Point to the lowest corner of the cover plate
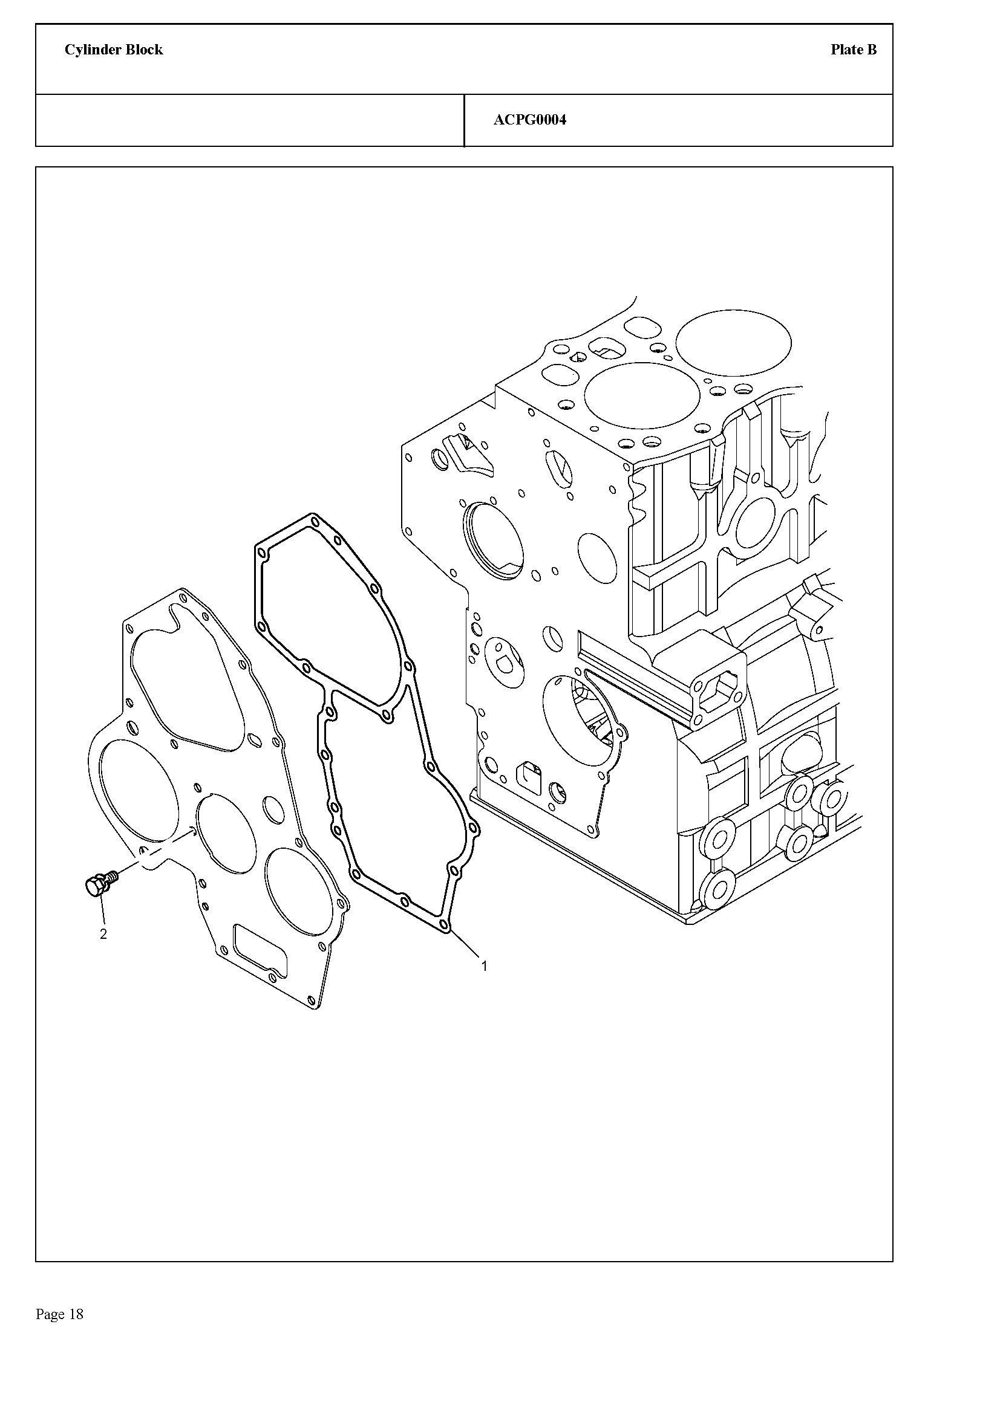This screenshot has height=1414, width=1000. tap(316, 1011)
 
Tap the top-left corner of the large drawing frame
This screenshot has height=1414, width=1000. tap(36, 167)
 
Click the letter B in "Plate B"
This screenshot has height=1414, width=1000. tap(871, 50)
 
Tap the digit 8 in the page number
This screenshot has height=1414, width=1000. tap(79, 1315)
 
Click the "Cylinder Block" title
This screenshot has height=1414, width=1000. tap(114, 50)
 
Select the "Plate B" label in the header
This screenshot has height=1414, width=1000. tap(854, 50)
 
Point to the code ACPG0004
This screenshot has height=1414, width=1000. tap(530, 120)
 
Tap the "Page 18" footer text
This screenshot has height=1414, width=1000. tap(60, 1315)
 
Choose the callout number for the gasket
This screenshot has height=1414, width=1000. tap(485, 967)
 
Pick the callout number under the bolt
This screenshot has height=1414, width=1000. tap(103, 934)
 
